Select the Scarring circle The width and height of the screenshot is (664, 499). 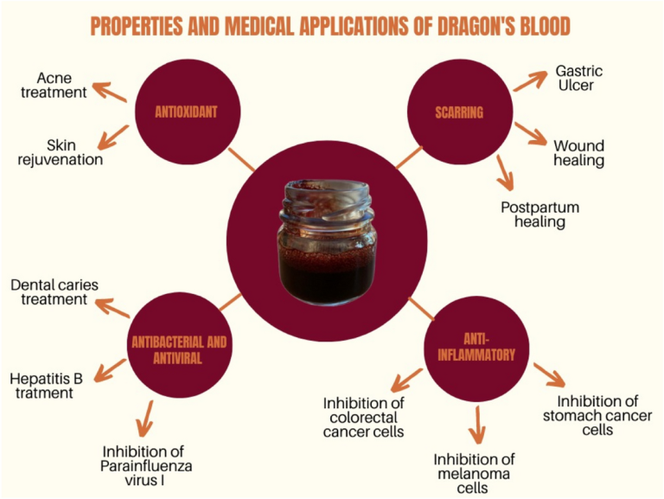[x=458, y=112]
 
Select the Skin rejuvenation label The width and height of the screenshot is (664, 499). [x=61, y=152]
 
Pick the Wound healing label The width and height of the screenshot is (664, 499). [x=578, y=153]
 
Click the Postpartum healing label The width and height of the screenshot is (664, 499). [x=540, y=214]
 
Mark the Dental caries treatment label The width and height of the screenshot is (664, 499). [x=49, y=291]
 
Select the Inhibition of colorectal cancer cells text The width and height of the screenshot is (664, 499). [x=363, y=417]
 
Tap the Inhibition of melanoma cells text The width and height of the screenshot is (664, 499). [x=475, y=472]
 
